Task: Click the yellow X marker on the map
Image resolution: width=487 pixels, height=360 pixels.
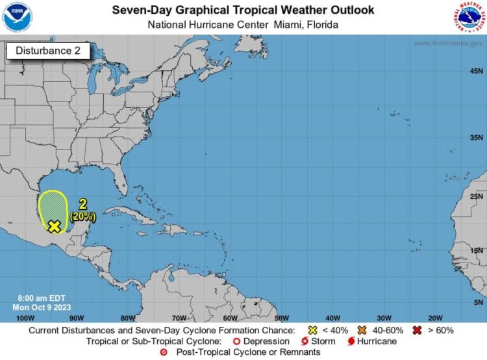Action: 55,225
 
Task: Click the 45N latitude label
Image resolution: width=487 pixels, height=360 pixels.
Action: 477,71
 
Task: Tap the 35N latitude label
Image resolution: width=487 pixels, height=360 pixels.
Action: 477,138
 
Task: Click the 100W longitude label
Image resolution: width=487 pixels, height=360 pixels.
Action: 25,318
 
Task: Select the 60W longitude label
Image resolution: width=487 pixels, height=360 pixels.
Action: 230,318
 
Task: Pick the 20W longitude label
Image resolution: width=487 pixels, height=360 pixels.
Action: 434,318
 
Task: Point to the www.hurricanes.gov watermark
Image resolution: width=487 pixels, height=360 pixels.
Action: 447,44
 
